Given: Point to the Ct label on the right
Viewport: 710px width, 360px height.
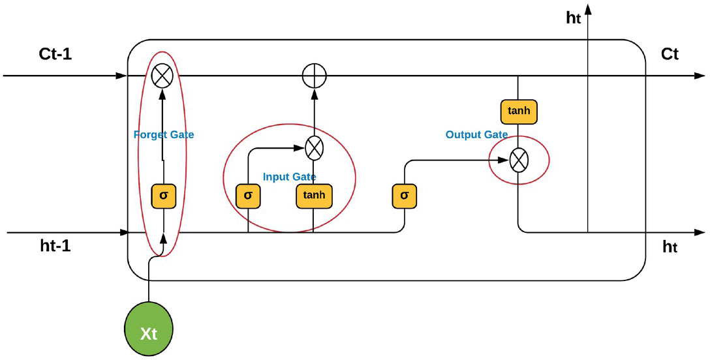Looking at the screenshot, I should (x=670, y=54).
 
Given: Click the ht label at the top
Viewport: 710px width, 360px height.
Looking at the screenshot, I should (x=573, y=18).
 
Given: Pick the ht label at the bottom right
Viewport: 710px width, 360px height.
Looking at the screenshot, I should (x=670, y=247).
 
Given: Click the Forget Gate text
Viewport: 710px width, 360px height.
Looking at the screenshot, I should (x=164, y=135).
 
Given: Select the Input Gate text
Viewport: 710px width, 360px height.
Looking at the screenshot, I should (x=289, y=177).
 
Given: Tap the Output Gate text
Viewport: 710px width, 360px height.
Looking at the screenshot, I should (x=476, y=134).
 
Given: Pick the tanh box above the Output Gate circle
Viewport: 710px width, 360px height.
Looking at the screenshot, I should (x=518, y=112).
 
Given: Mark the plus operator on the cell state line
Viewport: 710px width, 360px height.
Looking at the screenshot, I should (x=315, y=76).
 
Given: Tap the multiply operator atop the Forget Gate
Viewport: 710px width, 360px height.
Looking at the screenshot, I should (x=162, y=76).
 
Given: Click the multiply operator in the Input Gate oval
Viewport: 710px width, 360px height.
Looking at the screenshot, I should (x=315, y=149).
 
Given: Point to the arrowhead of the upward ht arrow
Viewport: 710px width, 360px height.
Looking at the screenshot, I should (x=589, y=8).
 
